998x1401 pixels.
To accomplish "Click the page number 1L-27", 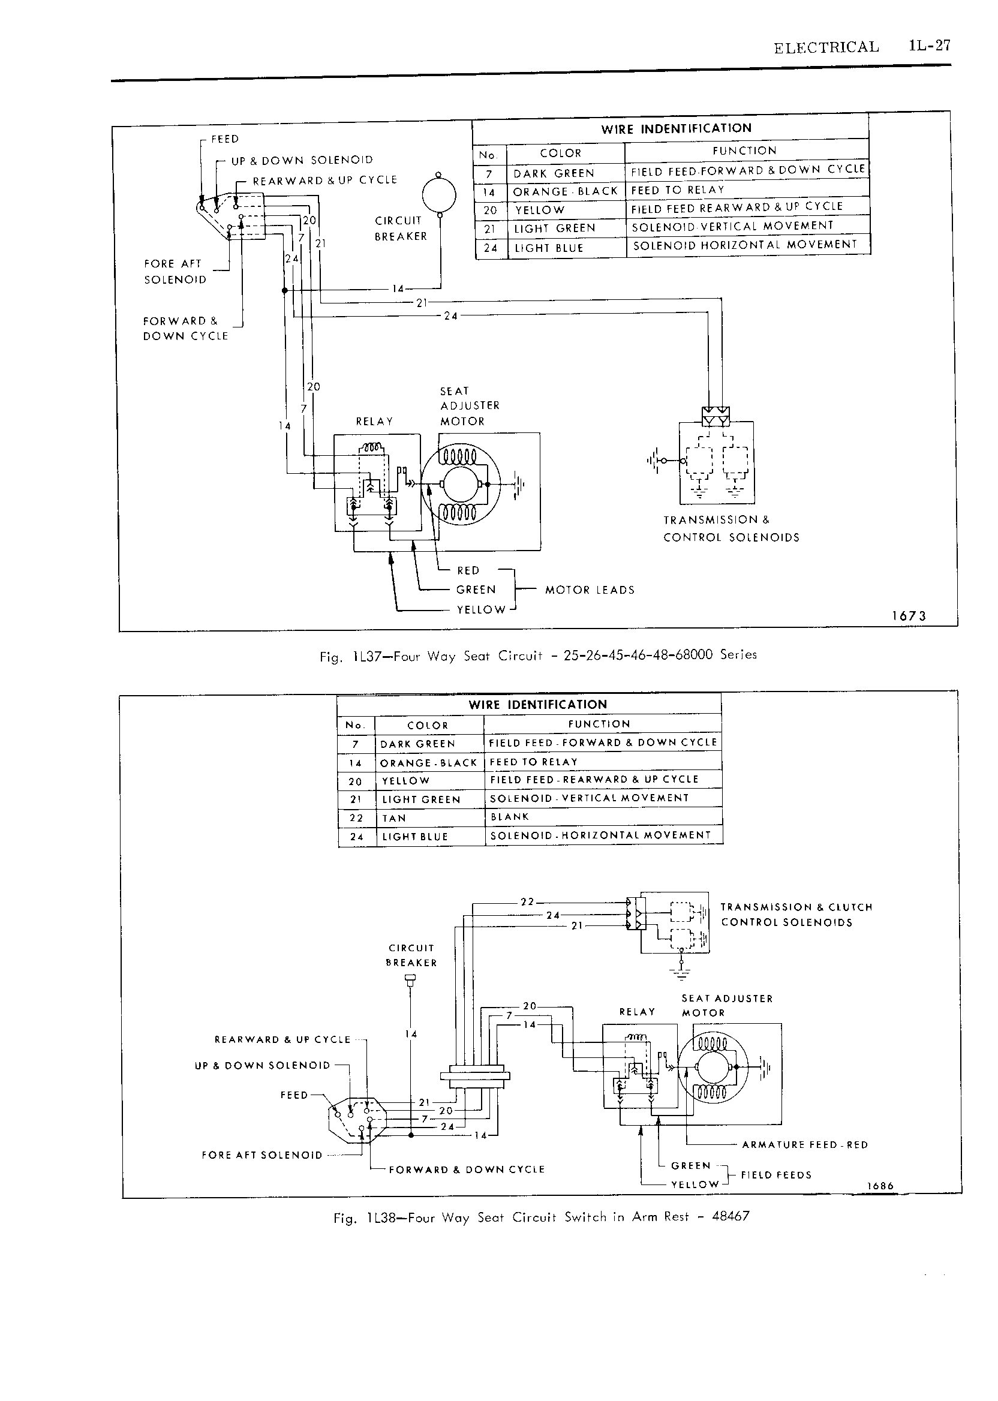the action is tap(930, 46).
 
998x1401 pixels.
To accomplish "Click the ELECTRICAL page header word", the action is tap(826, 47).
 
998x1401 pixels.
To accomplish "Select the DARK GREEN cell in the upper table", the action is tap(554, 173).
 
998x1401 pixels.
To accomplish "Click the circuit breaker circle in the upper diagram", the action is tap(440, 195).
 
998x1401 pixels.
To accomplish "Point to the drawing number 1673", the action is tap(909, 616).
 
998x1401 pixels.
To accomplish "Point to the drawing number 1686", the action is tap(880, 1186).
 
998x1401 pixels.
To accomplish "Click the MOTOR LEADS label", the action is tap(590, 590).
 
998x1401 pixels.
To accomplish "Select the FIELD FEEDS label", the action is tap(776, 1175).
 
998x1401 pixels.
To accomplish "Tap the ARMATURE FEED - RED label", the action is tap(805, 1145).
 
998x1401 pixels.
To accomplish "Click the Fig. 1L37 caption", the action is tap(539, 656).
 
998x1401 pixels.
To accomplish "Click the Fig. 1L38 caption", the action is tap(542, 1217).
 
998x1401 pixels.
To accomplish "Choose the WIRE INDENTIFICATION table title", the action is tap(676, 128).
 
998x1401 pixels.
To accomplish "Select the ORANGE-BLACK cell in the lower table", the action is tap(428, 762).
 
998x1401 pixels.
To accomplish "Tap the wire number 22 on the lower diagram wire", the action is tap(527, 902).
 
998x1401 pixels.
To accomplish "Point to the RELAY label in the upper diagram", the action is tap(374, 422).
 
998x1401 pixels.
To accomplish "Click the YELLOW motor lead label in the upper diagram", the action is tap(481, 609).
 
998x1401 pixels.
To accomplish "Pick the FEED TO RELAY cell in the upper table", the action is tap(678, 190).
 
